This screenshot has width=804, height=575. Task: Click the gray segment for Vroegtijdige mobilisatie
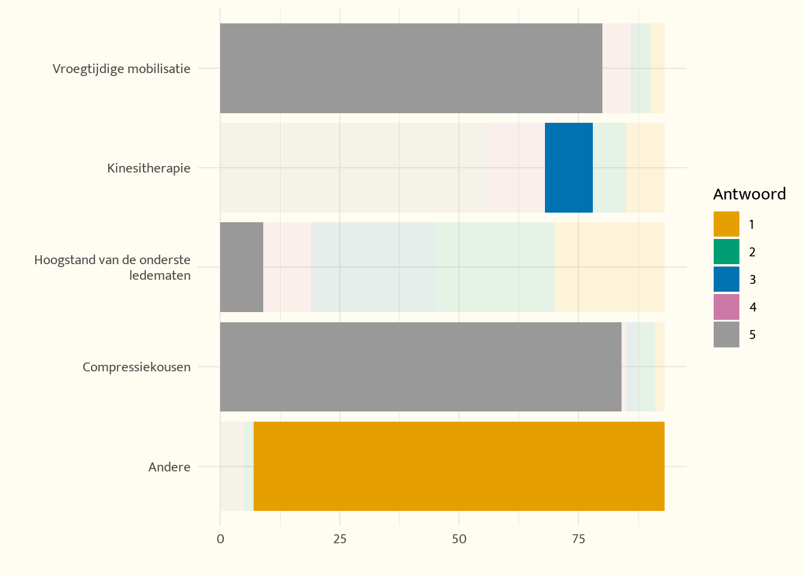click(412, 68)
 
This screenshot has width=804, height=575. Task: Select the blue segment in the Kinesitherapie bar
click(569, 168)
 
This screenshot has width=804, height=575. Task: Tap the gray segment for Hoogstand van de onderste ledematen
click(242, 267)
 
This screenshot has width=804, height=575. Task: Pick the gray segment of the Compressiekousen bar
click(421, 367)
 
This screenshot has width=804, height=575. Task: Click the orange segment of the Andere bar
click(459, 466)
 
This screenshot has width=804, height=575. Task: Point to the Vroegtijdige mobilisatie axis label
click(121, 69)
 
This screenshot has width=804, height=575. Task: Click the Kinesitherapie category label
click(148, 168)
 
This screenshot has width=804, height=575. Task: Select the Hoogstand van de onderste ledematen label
click(112, 267)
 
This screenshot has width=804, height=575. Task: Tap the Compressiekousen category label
click(136, 367)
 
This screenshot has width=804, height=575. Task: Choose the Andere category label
click(169, 467)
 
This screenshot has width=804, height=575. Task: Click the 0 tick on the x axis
click(220, 539)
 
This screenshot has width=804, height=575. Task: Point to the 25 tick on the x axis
click(340, 539)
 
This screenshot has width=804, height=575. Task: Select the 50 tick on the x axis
click(459, 539)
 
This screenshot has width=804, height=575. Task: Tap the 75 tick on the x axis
click(578, 539)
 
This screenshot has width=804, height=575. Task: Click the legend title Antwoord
click(750, 194)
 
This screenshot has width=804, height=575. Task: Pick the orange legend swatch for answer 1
click(726, 224)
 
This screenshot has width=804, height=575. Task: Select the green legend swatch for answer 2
click(726, 252)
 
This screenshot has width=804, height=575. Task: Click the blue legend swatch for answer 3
click(726, 279)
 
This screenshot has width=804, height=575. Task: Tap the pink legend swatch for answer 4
click(726, 307)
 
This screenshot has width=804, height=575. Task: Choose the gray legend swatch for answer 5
click(726, 335)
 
